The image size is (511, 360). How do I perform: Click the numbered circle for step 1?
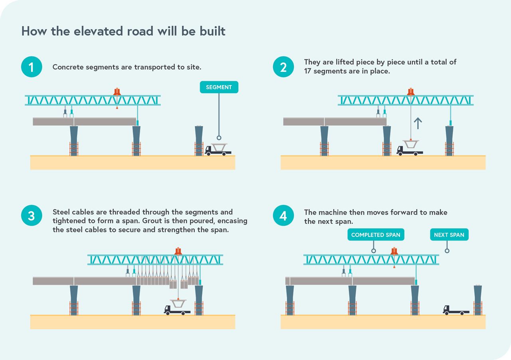point(32,67)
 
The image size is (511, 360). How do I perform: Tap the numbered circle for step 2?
point(283,67)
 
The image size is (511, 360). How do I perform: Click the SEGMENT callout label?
point(219,87)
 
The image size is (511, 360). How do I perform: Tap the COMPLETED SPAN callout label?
point(376,235)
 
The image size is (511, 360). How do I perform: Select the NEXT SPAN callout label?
point(449,235)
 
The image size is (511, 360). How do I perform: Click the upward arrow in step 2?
point(418,123)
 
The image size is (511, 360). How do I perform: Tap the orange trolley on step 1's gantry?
point(117,92)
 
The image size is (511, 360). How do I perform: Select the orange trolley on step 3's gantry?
point(178,251)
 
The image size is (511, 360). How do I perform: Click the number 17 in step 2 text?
point(308,71)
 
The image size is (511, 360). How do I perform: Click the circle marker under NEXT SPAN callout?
point(447,251)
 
